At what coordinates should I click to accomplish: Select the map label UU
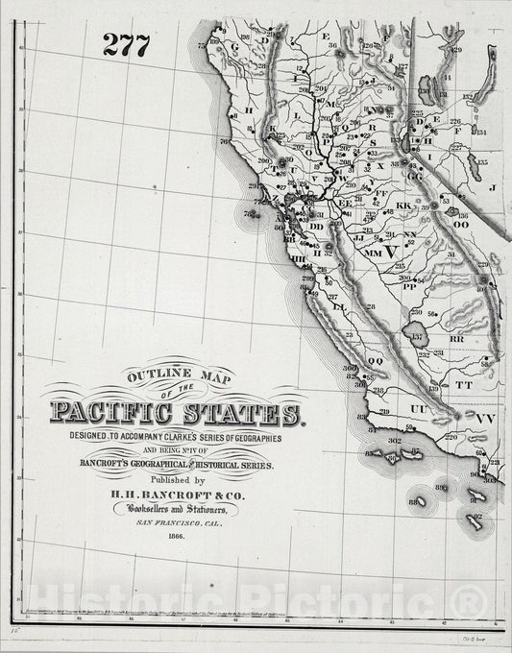[418, 408]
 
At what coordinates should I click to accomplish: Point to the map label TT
[464, 383]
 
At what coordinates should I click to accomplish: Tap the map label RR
[456, 339]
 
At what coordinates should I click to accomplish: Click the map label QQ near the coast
[375, 361]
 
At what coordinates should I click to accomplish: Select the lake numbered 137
[418, 337]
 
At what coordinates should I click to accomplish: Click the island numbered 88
[415, 501]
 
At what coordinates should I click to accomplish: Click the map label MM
[372, 253]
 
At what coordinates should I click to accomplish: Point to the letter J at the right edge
[491, 188]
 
